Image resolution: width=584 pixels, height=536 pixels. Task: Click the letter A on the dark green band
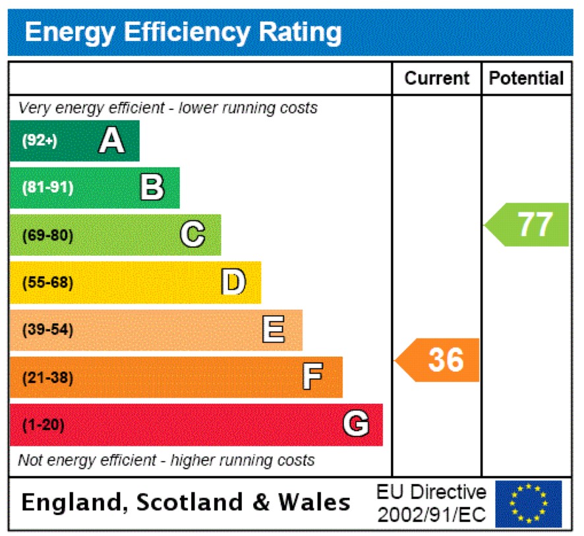[111, 140]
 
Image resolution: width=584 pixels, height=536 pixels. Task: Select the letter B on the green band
[152, 187]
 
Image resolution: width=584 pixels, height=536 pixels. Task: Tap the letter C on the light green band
[192, 235]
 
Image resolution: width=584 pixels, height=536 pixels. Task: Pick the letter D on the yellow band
[233, 282]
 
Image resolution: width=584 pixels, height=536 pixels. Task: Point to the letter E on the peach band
[274, 330]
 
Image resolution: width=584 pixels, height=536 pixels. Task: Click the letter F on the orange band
[312, 378]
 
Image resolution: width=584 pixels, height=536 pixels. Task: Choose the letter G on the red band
[355, 425]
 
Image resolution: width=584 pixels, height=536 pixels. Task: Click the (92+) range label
[40, 140]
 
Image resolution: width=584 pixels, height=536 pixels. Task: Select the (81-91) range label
[47, 188]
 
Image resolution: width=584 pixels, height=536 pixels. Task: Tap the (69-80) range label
[47, 235]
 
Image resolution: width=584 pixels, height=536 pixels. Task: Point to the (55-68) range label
[47, 283]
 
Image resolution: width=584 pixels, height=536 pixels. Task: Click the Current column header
[436, 78]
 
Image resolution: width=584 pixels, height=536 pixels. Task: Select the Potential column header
[526, 78]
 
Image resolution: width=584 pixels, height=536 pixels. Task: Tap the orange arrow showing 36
[439, 360]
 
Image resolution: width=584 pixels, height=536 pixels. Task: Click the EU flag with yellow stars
[528, 504]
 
